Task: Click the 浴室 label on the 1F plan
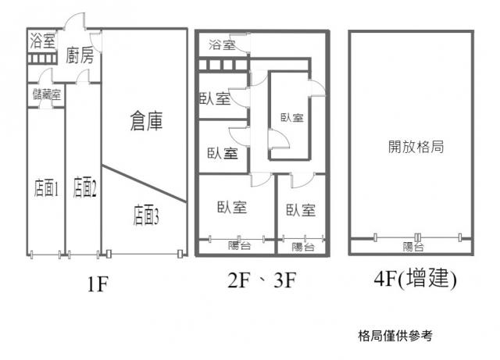(43, 41)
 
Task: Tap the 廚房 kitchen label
(80, 55)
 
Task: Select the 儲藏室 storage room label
(47, 94)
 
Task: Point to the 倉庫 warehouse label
(146, 121)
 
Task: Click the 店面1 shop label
(47, 187)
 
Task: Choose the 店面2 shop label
(84, 187)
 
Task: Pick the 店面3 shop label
(146, 216)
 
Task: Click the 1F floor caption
(98, 284)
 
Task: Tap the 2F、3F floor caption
(262, 280)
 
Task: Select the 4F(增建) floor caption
(415, 279)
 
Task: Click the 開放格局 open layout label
(416, 147)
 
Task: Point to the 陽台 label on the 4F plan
(413, 247)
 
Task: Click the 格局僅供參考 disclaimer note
(395, 336)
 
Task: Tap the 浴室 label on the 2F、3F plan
(222, 45)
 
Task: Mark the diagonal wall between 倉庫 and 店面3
(144, 184)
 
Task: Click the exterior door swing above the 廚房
(75, 21)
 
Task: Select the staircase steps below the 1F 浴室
(41, 59)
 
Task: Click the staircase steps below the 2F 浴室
(223, 65)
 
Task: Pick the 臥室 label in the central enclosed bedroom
(291, 118)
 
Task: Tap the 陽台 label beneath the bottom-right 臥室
(302, 247)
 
